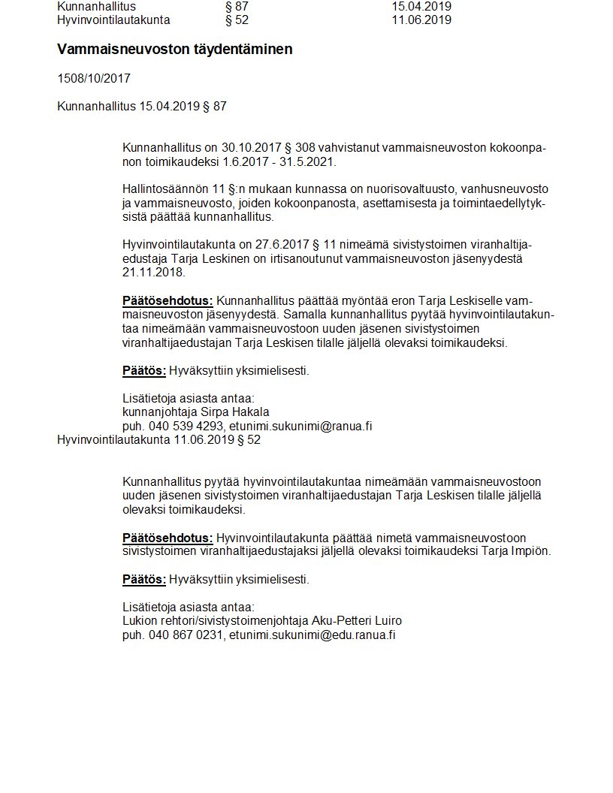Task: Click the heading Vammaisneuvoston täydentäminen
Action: (x=174, y=50)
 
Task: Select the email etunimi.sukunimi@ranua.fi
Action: (x=300, y=427)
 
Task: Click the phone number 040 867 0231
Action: (x=186, y=635)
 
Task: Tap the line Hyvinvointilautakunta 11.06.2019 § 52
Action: (x=159, y=440)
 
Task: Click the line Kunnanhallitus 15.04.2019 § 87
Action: (x=141, y=107)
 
